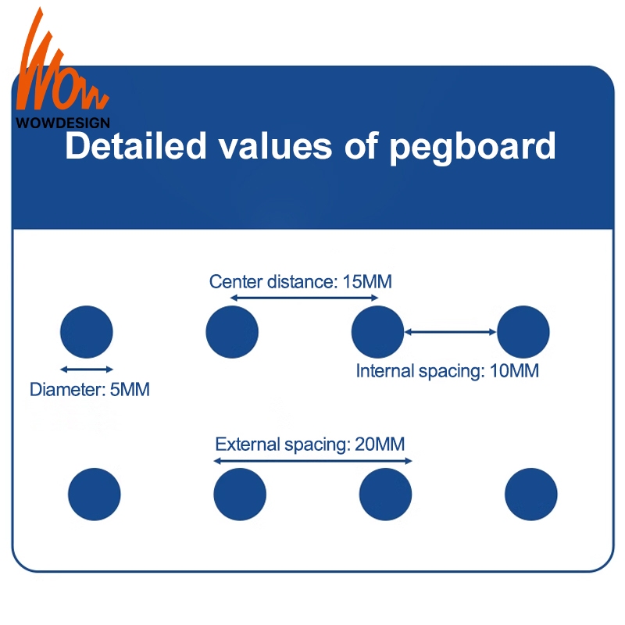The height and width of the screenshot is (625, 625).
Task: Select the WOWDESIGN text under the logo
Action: [63, 122]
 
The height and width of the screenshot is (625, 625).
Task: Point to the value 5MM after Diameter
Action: [129, 388]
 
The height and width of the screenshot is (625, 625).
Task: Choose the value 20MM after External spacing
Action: [379, 445]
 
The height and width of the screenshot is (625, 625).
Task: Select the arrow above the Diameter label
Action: [87, 369]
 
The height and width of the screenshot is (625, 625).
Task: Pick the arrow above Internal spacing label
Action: [450, 332]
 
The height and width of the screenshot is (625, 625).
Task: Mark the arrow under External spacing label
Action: [312, 461]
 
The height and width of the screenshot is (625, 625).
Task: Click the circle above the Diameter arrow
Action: [87, 332]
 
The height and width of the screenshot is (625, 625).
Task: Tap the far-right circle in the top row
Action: [523, 332]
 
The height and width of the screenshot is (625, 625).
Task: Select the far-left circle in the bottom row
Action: [95, 495]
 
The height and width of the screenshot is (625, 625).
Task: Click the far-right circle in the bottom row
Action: [531, 495]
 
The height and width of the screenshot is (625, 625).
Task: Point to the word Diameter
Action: [63, 388]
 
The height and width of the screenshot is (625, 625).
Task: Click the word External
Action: [245, 445]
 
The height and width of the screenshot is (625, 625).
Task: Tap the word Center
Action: [235, 281]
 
